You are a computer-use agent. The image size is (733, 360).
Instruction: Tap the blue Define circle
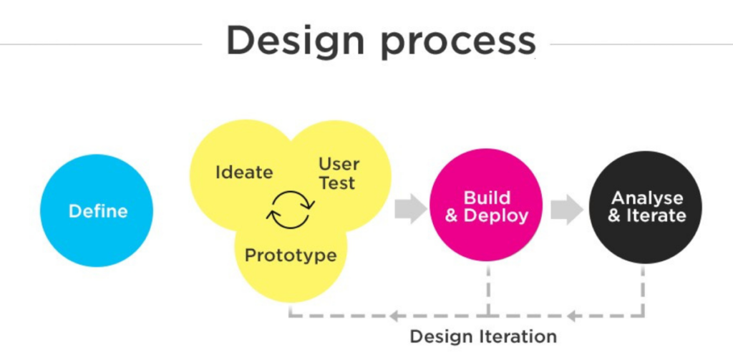97,211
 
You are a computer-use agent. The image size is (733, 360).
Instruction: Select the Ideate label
244,172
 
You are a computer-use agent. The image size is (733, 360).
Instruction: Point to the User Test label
339,173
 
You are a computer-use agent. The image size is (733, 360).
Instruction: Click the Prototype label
291,256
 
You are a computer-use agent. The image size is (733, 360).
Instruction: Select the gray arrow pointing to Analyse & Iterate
567,208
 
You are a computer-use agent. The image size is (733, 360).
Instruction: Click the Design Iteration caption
483,336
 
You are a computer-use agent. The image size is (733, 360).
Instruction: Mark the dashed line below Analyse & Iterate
644,290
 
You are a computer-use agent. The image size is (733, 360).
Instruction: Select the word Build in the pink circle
487,198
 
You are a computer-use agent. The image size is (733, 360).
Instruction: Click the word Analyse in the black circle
646,198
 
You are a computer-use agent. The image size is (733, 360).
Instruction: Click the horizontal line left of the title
100,44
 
